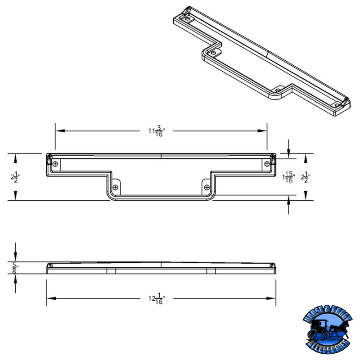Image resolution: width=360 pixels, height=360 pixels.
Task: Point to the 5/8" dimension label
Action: [x=16, y=268]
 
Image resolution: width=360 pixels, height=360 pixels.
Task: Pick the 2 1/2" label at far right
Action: [x=306, y=177]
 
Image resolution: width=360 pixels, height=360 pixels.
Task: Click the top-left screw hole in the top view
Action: [x=55, y=164]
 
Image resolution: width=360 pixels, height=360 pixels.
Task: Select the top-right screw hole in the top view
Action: [x=267, y=163]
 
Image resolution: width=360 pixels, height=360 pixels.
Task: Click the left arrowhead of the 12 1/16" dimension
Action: [x=50, y=298]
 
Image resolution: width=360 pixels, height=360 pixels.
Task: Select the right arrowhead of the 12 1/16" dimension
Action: [x=272, y=298]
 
